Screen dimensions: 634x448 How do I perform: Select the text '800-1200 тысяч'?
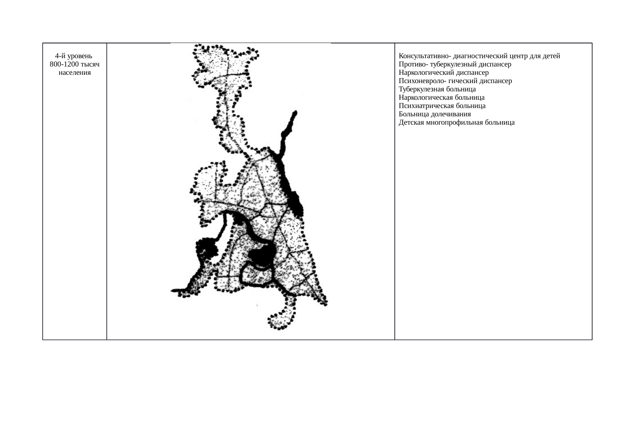[x=74, y=64]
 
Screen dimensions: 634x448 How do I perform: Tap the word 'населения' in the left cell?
[x=74, y=73]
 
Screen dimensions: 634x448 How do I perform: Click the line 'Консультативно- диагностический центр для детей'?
[x=479, y=56]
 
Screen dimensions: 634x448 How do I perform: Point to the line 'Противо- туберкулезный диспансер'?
[x=455, y=64]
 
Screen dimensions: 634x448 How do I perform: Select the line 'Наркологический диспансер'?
[x=444, y=73]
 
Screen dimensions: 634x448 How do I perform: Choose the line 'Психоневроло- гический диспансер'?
[x=455, y=81]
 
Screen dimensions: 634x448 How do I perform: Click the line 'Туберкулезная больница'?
[x=437, y=89]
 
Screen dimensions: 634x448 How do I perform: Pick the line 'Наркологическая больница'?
[x=441, y=98]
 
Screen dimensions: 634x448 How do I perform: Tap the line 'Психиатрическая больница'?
[x=442, y=106]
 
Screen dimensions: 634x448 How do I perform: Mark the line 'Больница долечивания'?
[x=435, y=114]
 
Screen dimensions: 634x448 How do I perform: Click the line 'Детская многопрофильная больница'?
[x=457, y=122]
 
